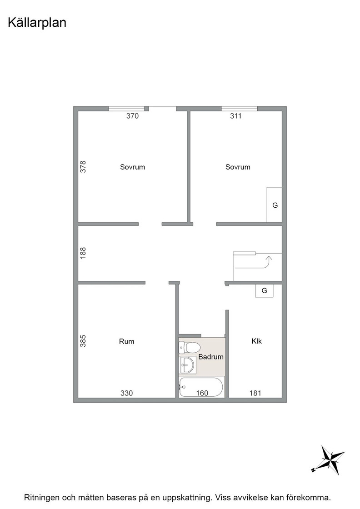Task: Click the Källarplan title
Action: (x=37, y=23)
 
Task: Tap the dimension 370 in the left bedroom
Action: (x=132, y=116)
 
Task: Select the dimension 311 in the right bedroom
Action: (x=236, y=116)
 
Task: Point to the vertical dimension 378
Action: (x=83, y=166)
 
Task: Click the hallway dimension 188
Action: (x=83, y=253)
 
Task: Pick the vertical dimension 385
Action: (x=83, y=341)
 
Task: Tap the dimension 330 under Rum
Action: (x=127, y=393)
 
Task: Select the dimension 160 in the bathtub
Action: (x=202, y=393)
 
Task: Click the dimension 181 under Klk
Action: (x=255, y=393)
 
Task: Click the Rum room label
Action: (x=127, y=341)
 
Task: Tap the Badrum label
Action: (x=211, y=357)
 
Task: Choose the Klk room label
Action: (x=257, y=341)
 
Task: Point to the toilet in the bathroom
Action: (x=190, y=348)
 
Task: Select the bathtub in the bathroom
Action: (x=201, y=387)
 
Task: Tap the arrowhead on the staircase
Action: (x=269, y=259)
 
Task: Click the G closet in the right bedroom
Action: (x=274, y=205)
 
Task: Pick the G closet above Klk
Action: (x=264, y=290)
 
